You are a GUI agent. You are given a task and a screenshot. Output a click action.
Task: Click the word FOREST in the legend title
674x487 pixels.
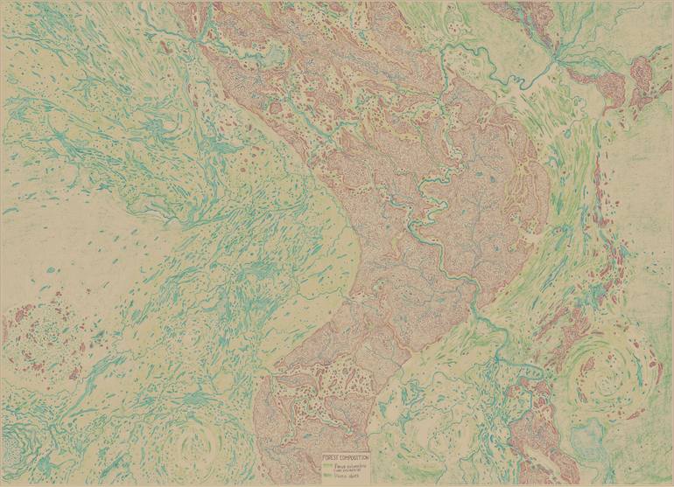pyautogui.click(x=332, y=457)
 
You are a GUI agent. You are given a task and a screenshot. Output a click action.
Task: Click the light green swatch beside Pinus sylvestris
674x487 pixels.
pyautogui.click(x=327, y=466)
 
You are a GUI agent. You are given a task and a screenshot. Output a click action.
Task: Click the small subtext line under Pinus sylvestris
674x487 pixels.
pyautogui.click(x=348, y=470)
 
